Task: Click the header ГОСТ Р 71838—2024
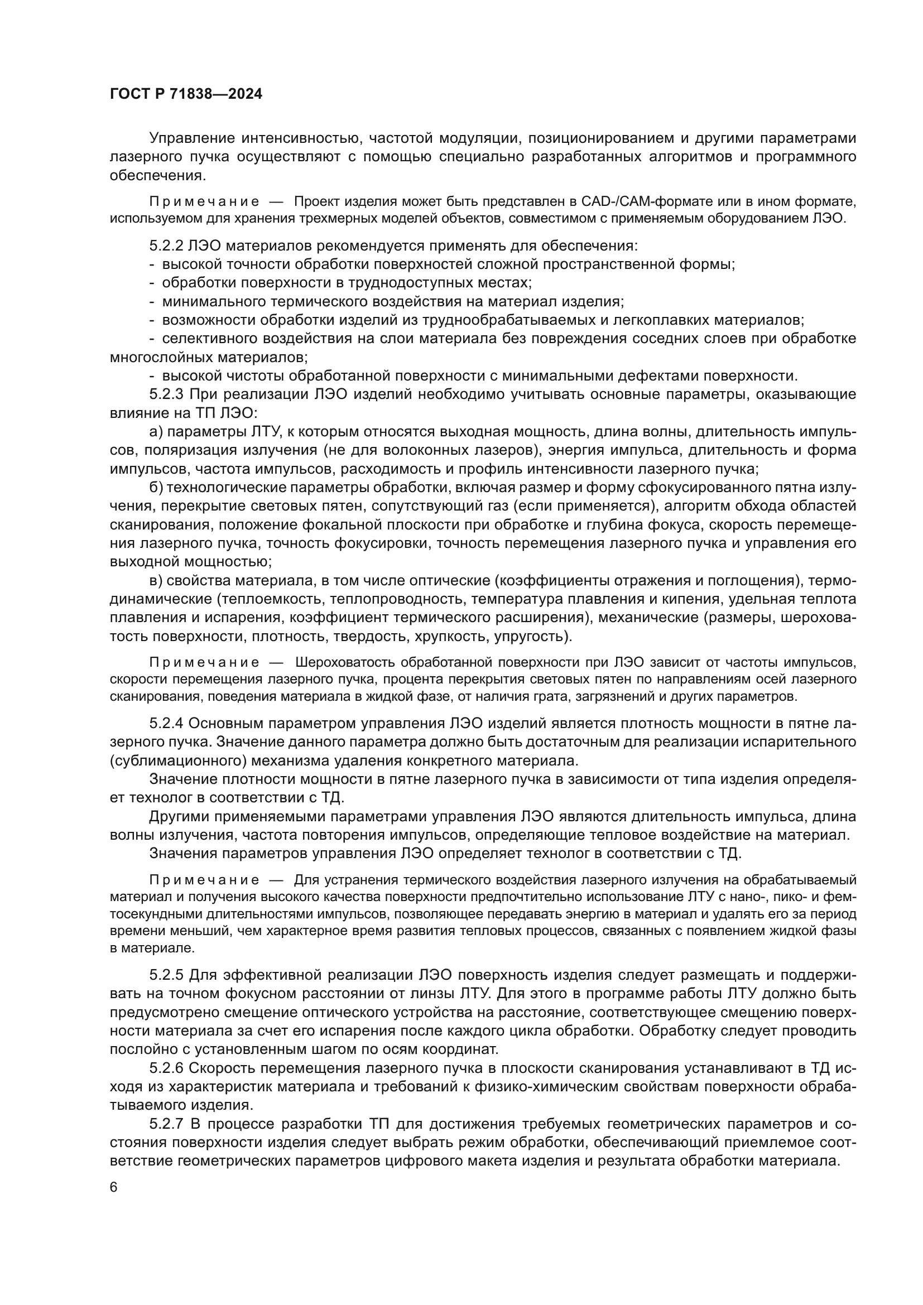point(186,94)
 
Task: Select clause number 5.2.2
point(166,245)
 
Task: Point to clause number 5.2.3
point(166,394)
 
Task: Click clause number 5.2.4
point(166,723)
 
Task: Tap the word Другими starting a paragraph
point(179,817)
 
